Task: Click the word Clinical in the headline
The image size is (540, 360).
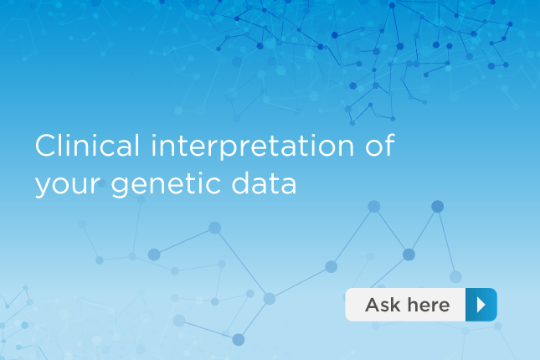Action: click(87, 145)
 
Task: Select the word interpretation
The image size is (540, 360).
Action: click(253, 147)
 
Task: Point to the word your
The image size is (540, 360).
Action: click(68, 186)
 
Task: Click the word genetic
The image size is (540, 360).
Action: click(166, 185)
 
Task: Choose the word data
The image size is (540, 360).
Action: click(264, 183)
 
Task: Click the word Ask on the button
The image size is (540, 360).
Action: click(383, 305)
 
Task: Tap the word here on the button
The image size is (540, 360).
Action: click(429, 305)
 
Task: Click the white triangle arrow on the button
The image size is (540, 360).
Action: click(481, 305)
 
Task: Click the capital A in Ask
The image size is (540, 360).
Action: click(373, 305)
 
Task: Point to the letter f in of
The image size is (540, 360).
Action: click(389, 145)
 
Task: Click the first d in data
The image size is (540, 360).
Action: click(241, 183)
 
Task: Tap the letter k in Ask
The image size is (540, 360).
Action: click(395, 305)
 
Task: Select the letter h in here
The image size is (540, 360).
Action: click(413, 305)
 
